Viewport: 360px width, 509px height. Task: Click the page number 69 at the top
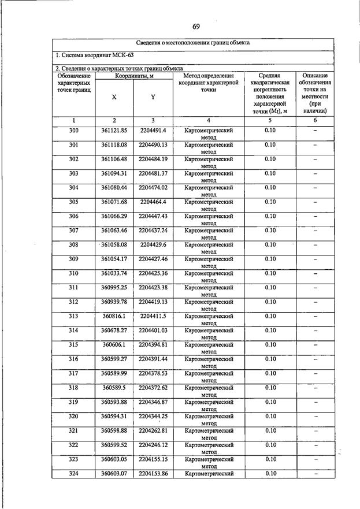coord(196,27)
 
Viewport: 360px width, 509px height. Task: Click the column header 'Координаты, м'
coord(133,76)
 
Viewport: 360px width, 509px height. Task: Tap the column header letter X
coord(114,97)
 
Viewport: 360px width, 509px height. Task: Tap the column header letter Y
coord(153,97)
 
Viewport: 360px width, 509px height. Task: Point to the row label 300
coord(73,131)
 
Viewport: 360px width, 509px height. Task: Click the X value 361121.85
coord(114,131)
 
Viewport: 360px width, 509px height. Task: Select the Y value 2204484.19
coord(153,159)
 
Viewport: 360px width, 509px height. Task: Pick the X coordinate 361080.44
coord(114,188)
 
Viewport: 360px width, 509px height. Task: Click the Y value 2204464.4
coord(153,202)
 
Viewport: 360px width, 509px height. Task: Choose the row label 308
coord(73,245)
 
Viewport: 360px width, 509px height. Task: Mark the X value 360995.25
coord(114,288)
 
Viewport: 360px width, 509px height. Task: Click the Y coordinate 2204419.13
coord(153,302)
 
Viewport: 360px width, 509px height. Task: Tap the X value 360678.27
coord(114,330)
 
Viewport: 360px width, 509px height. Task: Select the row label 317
coord(73,373)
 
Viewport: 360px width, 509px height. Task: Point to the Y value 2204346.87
coord(153,402)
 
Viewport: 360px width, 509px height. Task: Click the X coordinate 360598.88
coord(114,431)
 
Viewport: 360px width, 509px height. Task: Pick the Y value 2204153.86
coord(153,474)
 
